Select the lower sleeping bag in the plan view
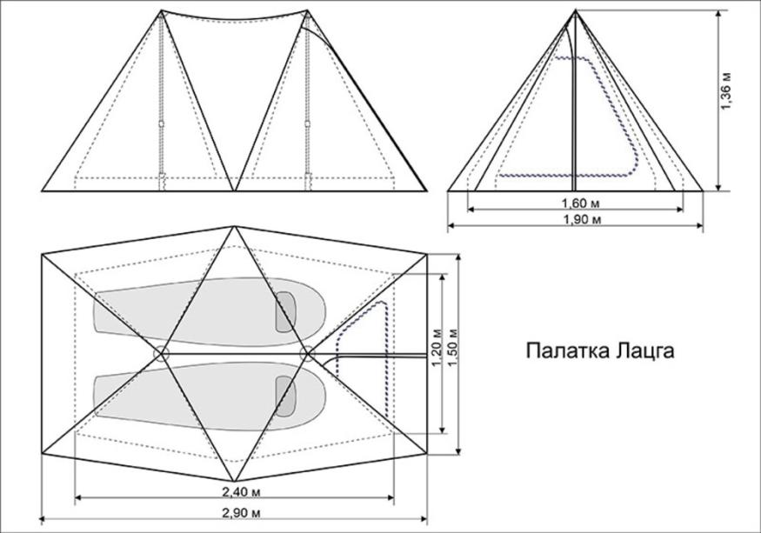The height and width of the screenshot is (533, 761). tap(200, 394)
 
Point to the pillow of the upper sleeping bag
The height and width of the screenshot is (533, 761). tap(285, 312)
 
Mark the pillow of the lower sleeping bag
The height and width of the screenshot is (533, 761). tap(285, 396)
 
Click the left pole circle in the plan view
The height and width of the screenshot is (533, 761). tap(161, 353)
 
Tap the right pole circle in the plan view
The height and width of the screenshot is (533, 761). tap(306, 353)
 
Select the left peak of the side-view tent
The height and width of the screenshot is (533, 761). tap(162, 11)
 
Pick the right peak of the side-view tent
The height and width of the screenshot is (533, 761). tap(306, 11)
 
